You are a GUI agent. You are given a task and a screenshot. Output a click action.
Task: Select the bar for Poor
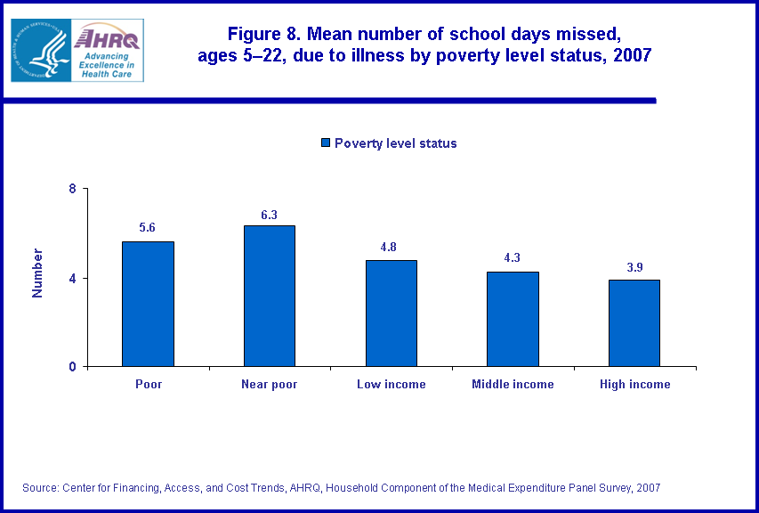click(148, 304)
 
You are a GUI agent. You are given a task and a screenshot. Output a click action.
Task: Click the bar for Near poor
click(269, 296)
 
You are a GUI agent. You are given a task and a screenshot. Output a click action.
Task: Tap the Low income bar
click(391, 313)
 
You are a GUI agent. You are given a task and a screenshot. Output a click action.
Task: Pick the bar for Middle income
click(513, 319)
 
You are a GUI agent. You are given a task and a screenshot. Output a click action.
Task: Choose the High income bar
click(634, 322)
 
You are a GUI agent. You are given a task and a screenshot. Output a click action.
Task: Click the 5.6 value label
click(148, 228)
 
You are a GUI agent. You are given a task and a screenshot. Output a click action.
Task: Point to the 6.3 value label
click(269, 213)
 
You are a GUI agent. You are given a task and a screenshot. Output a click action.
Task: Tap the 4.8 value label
click(391, 247)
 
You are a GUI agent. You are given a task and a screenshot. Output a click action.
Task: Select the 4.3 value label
click(513, 258)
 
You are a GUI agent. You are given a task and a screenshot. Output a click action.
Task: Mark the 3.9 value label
click(634, 266)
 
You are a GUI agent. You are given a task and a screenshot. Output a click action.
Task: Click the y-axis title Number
click(37, 273)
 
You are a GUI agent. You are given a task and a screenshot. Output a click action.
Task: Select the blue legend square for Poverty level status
click(326, 143)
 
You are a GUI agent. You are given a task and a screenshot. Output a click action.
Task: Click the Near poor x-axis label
click(269, 385)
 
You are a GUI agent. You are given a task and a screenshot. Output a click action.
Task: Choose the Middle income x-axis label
click(513, 385)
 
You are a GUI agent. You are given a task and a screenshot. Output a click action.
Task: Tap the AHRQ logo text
click(108, 38)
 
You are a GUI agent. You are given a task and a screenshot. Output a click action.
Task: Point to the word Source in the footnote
click(42, 487)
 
